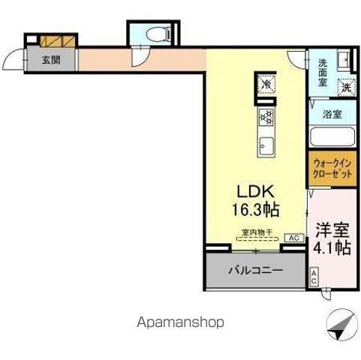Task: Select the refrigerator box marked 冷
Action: pos(266,85)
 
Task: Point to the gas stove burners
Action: pos(266,116)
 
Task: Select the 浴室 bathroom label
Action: pos(332,115)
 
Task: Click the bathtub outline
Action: pos(332,137)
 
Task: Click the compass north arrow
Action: pos(338,324)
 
